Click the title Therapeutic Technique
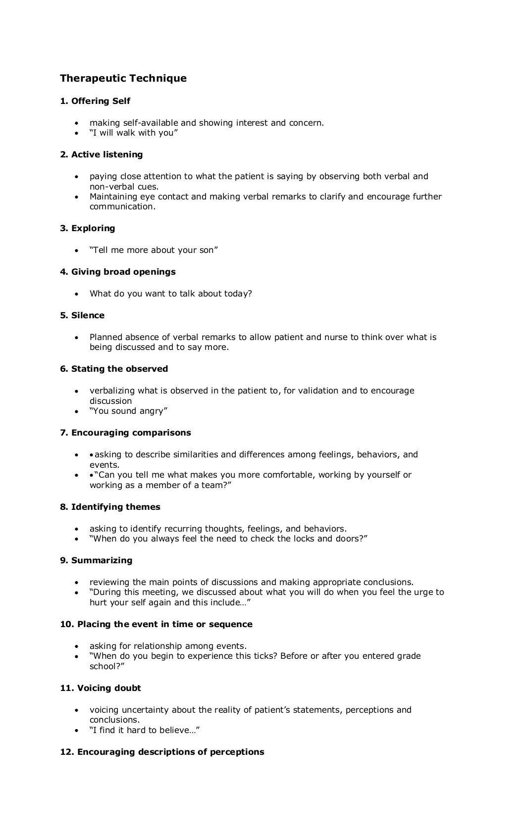click(123, 78)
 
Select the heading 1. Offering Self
click(95, 101)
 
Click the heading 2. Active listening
click(101, 154)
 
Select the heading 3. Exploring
click(88, 228)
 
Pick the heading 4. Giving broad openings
click(118, 272)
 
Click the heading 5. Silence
click(82, 315)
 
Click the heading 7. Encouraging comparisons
click(125, 433)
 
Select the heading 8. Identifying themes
click(110, 507)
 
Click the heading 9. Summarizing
click(96, 560)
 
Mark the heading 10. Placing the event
click(156, 624)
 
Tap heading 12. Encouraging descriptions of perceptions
click(162, 752)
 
